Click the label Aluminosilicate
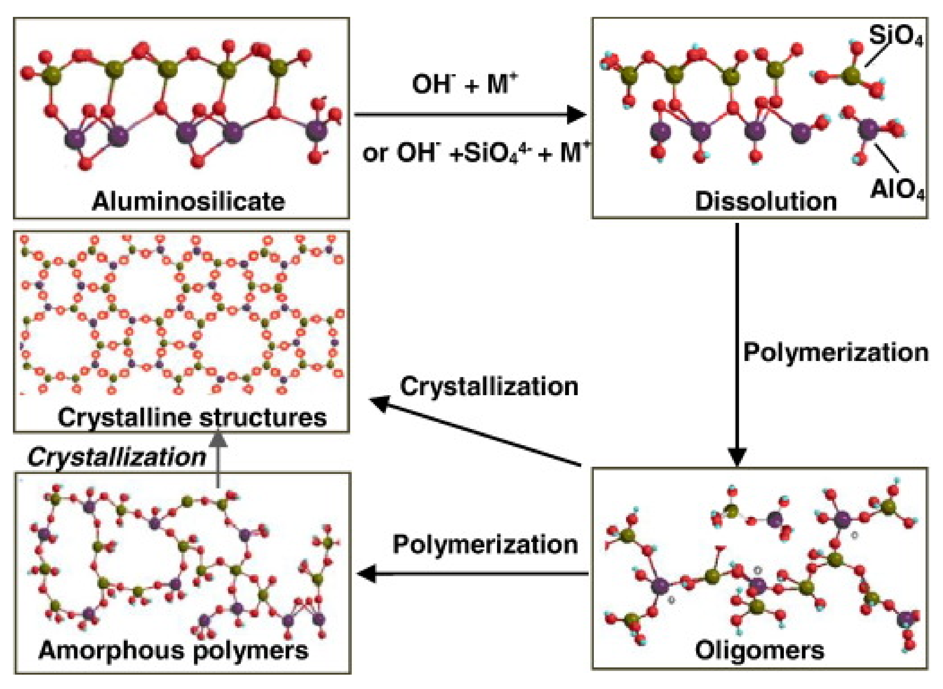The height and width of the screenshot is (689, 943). coord(188,202)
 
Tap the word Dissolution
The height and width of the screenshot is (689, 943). coord(766,202)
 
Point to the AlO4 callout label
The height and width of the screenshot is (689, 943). coord(897,190)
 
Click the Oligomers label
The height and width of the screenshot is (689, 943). coord(760,650)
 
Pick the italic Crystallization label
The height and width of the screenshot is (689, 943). coord(117,457)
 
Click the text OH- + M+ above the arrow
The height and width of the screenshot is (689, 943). coord(464,84)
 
